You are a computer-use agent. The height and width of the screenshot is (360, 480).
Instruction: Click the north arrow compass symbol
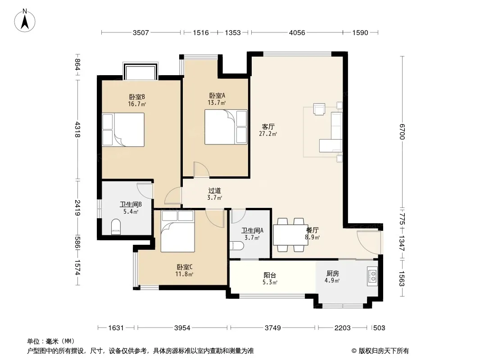click(25, 21)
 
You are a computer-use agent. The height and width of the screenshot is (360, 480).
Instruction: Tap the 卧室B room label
click(137, 97)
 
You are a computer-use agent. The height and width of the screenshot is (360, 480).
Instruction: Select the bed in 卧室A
click(226, 127)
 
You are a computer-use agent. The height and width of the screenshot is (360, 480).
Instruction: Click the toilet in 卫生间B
click(116, 227)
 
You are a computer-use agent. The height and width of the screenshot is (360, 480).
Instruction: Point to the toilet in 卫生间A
click(237, 245)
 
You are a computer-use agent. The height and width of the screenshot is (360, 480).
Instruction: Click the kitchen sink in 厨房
click(372, 276)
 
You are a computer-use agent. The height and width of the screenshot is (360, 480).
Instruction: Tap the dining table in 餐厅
click(290, 235)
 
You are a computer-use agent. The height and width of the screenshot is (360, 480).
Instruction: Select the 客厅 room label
click(268, 126)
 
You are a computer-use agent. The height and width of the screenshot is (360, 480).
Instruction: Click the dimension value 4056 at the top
click(297, 33)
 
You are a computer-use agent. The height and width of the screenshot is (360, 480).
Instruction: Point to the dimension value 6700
click(402, 131)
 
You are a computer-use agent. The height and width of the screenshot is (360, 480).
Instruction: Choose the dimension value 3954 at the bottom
click(182, 328)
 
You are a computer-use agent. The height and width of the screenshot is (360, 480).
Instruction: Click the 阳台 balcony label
click(270, 275)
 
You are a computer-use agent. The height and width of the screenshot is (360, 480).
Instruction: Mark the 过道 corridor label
click(214, 191)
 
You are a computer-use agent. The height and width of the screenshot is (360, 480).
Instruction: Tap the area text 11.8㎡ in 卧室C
click(184, 274)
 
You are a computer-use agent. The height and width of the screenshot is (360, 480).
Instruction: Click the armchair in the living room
click(319, 109)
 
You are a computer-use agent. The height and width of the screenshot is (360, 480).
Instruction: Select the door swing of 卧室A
click(201, 170)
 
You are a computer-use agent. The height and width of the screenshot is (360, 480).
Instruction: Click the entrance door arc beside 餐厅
click(369, 242)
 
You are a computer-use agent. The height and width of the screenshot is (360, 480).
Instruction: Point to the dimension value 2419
click(77, 208)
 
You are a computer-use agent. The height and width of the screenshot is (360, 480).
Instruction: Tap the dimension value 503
click(379, 328)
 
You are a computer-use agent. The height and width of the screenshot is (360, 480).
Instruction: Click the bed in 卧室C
click(178, 231)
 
